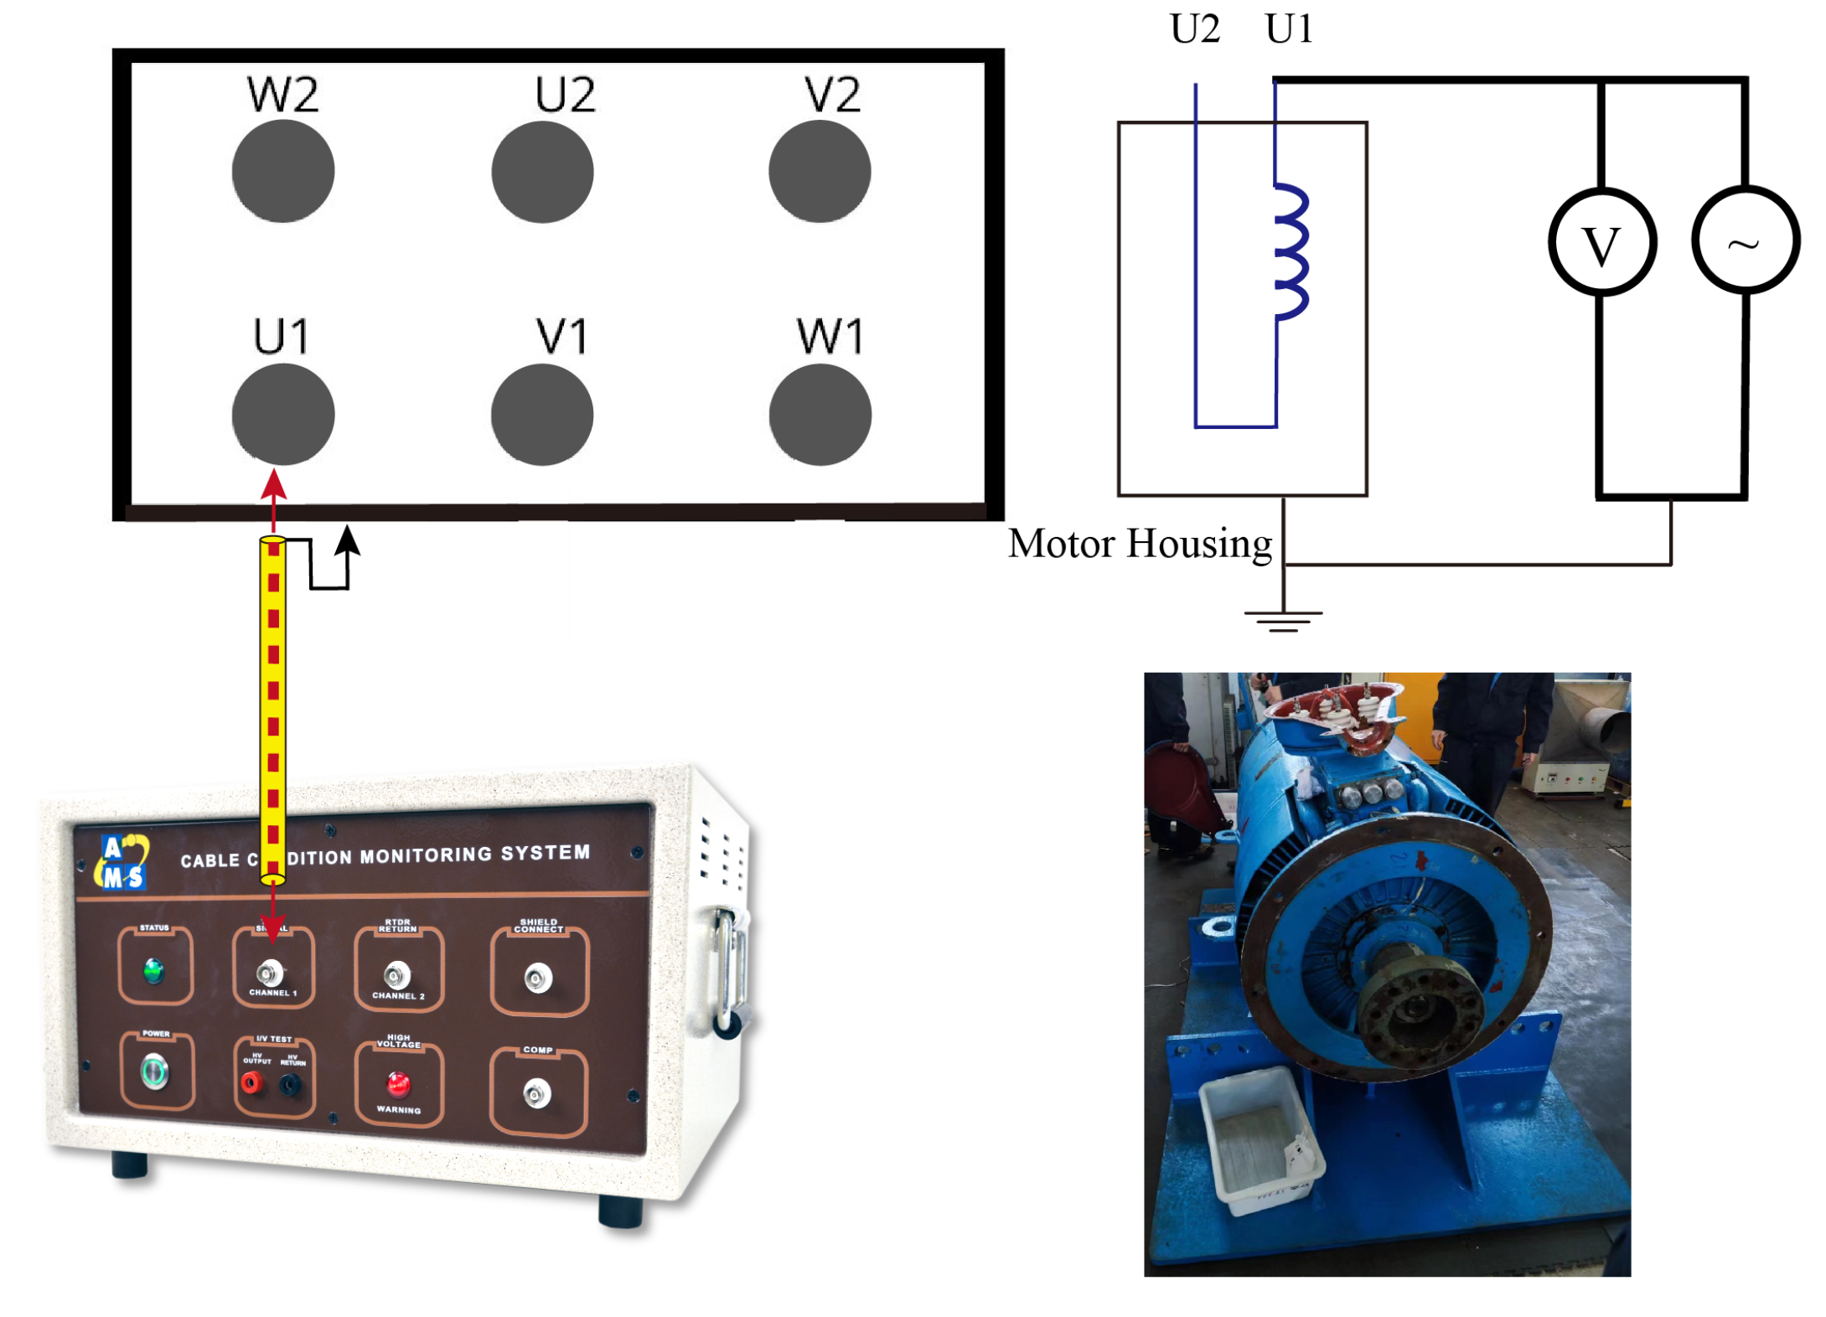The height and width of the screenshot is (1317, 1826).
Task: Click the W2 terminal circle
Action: point(283,171)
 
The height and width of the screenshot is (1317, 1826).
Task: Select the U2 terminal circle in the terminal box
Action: point(542,172)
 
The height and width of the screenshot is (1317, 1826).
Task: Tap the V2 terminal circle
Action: point(819,171)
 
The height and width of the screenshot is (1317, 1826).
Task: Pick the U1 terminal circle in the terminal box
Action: point(283,414)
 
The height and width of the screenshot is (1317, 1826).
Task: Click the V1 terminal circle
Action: point(542,414)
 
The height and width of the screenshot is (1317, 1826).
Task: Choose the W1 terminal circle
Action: point(820,414)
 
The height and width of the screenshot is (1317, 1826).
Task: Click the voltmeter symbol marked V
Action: point(1601,242)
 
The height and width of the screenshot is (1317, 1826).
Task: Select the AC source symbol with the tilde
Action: point(1745,240)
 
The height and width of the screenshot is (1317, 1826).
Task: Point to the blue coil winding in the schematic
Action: point(1291,251)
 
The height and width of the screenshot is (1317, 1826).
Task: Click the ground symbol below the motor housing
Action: point(1282,620)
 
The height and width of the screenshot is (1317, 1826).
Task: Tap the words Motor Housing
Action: point(1140,543)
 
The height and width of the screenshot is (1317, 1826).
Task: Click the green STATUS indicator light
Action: point(153,970)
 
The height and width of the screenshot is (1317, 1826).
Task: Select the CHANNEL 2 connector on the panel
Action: point(396,975)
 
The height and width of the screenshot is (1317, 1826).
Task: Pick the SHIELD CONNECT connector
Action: point(537,978)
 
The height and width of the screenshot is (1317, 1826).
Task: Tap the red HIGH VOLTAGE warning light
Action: point(398,1083)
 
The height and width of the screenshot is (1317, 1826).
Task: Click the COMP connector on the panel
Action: point(536,1093)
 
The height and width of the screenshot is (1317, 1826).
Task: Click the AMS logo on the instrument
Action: point(122,862)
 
